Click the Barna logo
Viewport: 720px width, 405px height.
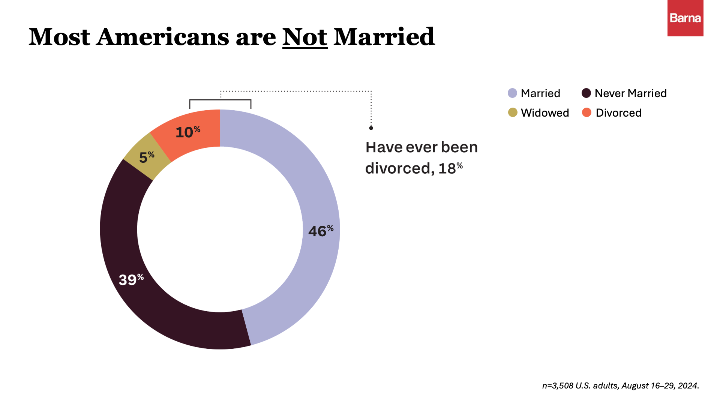685,18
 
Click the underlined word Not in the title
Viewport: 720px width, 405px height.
304,37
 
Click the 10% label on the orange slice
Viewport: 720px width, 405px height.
187,132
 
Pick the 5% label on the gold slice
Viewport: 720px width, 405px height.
147,157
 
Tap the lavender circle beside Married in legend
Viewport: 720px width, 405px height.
512,93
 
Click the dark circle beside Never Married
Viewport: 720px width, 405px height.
586,93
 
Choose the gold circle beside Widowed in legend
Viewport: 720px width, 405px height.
512,112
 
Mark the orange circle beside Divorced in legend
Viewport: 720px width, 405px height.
586,112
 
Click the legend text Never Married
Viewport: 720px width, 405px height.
631,93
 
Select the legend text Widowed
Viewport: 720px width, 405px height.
545,113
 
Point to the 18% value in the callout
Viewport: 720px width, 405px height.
450,168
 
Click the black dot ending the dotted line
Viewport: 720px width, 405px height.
371,128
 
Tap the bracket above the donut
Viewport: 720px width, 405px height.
220,100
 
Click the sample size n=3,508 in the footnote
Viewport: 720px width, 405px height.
558,385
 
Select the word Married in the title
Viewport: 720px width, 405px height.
384,37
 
